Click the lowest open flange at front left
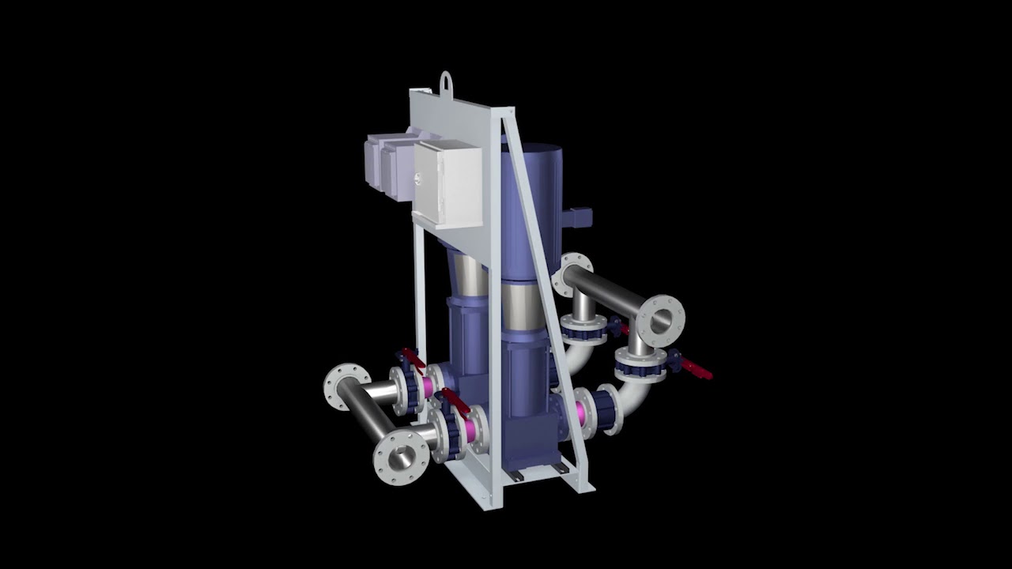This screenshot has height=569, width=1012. [x=401, y=457]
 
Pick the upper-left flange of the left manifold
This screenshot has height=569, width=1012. [x=346, y=386]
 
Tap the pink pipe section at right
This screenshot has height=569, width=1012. [x=586, y=411]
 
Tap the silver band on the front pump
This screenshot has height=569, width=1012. [x=523, y=308]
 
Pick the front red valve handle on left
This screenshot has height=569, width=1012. [x=455, y=399]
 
